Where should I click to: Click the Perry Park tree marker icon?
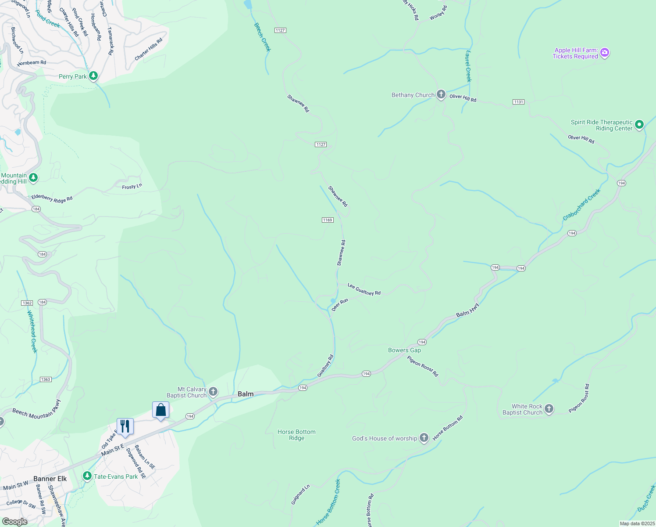point(93,76)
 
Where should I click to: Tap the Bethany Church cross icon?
point(441,94)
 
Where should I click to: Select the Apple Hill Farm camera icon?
point(605,53)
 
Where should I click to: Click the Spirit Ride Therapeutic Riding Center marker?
point(639,125)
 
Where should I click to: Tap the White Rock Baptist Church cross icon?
point(549,409)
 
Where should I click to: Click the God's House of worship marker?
point(424,437)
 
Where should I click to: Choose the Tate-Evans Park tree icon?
point(87,476)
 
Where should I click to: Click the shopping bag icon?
point(160,410)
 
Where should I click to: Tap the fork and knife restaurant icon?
point(125,426)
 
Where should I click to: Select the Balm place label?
point(246,394)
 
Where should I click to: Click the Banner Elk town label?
point(50,479)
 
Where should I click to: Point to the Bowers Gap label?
point(404,350)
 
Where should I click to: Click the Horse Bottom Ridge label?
point(296,435)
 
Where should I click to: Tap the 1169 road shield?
point(328,220)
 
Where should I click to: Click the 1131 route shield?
point(518,102)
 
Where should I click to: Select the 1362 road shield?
point(27,303)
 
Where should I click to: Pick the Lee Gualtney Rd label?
point(364,289)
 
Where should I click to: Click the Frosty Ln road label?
point(132,187)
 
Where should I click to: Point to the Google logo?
point(14,522)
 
